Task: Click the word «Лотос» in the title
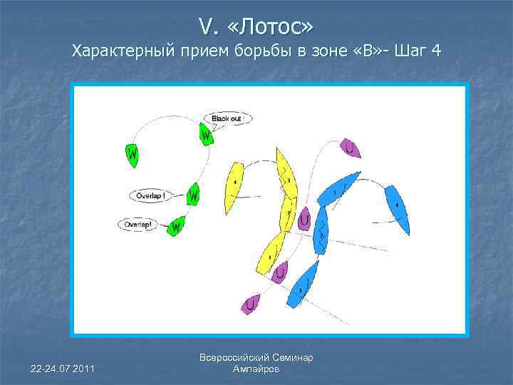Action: [x=275, y=26]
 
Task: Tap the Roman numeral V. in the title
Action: [x=207, y=26]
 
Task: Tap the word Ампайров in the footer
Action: [x=256, y=369]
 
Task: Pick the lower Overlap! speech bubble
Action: [x=138, y=224]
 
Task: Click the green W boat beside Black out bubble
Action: [x=205, y=133]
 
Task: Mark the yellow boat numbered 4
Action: [x=234, y=187]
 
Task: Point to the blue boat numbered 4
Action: [x=397, y=208]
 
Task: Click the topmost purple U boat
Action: [x=350, y=148]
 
